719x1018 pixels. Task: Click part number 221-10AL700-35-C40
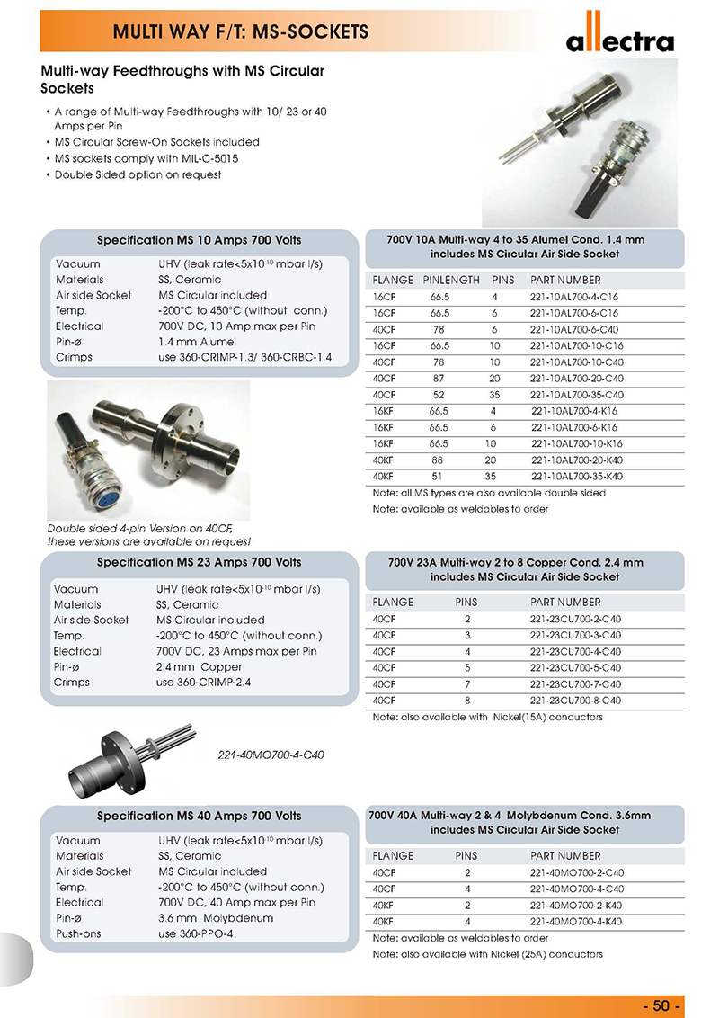coord(576,394)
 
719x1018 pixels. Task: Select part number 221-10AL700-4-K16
coord(576,410)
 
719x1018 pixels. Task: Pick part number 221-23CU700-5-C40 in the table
coord(575,668)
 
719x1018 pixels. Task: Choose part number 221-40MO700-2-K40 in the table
coord(576,906)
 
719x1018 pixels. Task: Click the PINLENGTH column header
coord(451,280)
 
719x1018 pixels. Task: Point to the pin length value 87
coord(439,378)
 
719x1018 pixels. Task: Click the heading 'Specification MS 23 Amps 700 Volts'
coord(199,563)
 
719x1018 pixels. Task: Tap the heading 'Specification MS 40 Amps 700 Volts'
coord(199,816)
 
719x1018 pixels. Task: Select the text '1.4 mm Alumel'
coord(197,342)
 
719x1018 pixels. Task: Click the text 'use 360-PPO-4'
coord(195,933)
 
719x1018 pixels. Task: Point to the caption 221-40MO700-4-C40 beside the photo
coord(271,755)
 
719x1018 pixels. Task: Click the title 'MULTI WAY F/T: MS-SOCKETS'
coord(241,32)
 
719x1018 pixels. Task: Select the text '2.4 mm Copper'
coord(199,666)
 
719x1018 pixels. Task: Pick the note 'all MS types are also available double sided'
coord(489,493)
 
